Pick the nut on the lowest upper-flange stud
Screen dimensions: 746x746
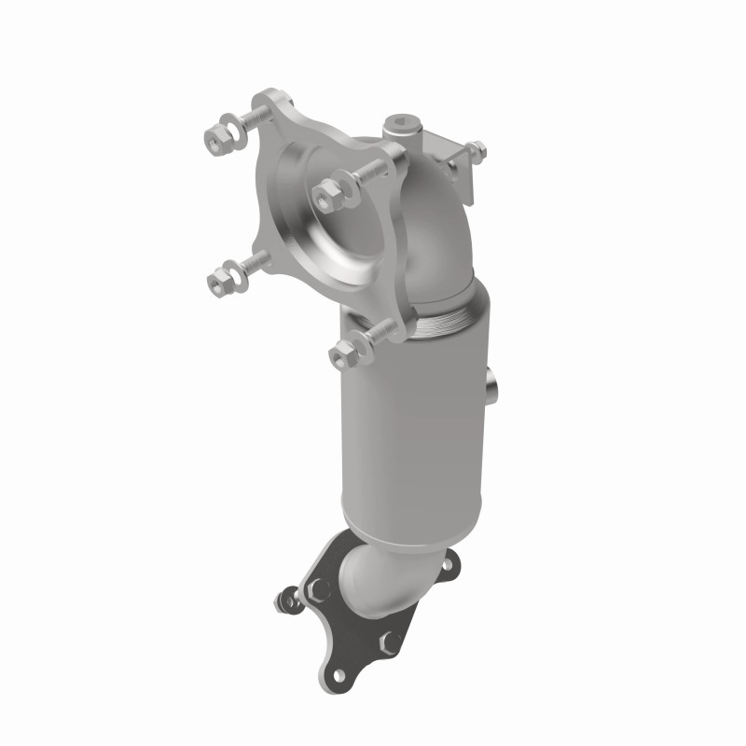coord(340,352)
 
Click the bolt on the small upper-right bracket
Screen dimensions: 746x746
coord(477,148)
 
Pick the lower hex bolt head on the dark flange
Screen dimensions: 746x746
coord(389,641)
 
